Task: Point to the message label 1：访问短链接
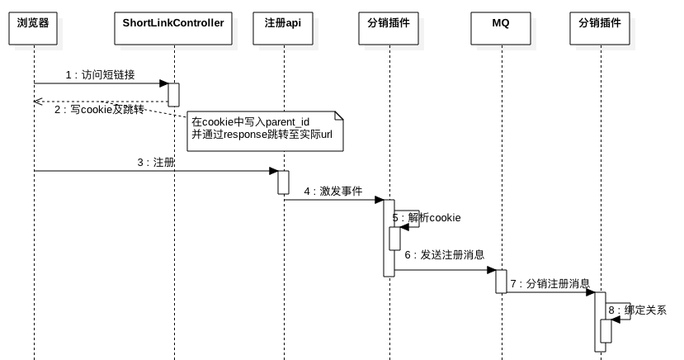click(x=101, y=74)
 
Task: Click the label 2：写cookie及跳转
click(x=99, y=109)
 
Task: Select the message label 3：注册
click(x=156, y=163)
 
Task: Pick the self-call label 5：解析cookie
click(x=427, y=217)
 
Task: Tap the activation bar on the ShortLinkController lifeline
click(x=174, y=93)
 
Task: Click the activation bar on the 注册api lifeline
click(x=283, y=182)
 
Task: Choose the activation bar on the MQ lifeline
click(x=501, y=281)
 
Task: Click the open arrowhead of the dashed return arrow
click(x=38, y=101)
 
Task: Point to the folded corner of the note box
click(x=337, y=116)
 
